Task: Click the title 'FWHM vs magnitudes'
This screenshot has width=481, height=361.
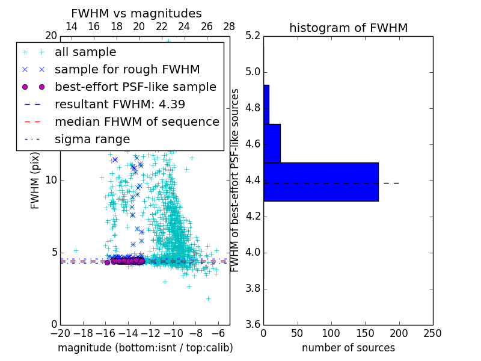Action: coord(136,13)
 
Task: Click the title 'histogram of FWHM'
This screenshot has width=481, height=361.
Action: coord(348,28)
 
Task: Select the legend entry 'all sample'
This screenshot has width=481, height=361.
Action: coord(85,52)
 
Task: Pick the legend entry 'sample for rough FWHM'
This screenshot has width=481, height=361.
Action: coord(127,70)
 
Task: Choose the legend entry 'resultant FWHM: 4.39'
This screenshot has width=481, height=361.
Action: coord(120,104)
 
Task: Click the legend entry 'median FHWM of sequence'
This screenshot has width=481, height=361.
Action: coord(136,122)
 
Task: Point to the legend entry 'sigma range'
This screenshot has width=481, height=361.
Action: coord(92,139)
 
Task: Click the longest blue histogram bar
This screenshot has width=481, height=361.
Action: coord(321,182)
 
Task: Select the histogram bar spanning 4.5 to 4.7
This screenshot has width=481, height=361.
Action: coord(272,143)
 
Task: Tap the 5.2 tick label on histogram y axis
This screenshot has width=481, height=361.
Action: coord(253,36)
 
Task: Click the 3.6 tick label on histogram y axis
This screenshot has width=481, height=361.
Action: coord(253,324)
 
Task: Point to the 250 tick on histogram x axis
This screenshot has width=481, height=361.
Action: coord(432,333)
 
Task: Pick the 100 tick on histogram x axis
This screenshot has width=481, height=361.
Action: coord(331,333)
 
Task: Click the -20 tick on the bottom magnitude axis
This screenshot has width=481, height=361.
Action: coord(60,333)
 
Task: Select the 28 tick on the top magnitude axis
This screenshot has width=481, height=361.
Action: coord(229,26)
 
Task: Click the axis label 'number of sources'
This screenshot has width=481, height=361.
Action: coord(348,348)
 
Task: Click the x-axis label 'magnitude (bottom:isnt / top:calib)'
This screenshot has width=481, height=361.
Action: coord(145,348)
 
